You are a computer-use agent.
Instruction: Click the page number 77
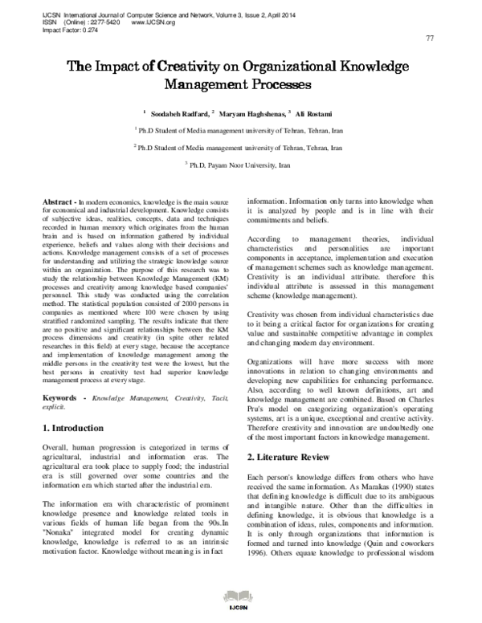tap(429, 39)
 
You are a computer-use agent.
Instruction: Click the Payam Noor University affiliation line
tap(241, 166)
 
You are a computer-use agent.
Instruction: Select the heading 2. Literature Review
tap(288, 457)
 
